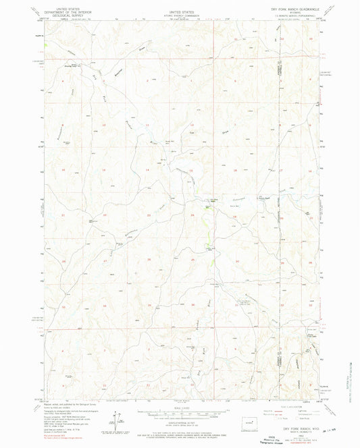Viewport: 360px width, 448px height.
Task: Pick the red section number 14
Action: click(148, 170)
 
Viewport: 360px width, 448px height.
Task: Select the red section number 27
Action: click(105, 260)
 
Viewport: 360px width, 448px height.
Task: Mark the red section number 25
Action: click(193, 260)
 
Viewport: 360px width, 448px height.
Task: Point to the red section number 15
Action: click(104, 170)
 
